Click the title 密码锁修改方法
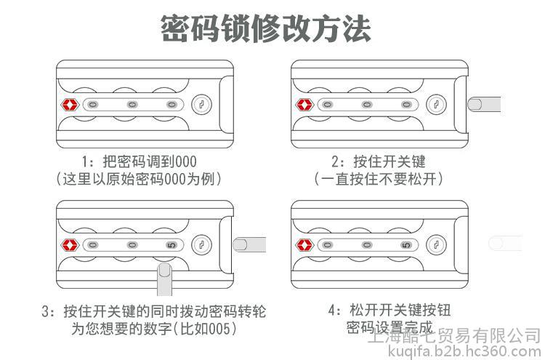pyautogui.click(x=265, y=28)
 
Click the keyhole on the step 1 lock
pyautogui.click(x=203, y=105)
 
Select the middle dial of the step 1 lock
pyautogui.click(x=132, y=105)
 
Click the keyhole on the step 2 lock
pyautogui.click(x=437, y=105)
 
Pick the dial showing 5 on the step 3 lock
pyautogui.click(x=171, y=245)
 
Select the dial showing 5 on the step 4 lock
pyautogui.click(x=405, y=245)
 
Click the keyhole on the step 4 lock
pyautogui.click(x=437, y=245)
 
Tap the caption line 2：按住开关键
pyautogui.click(x=378, y=161)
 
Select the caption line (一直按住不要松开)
pyautogui.click(x=378, y=178)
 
